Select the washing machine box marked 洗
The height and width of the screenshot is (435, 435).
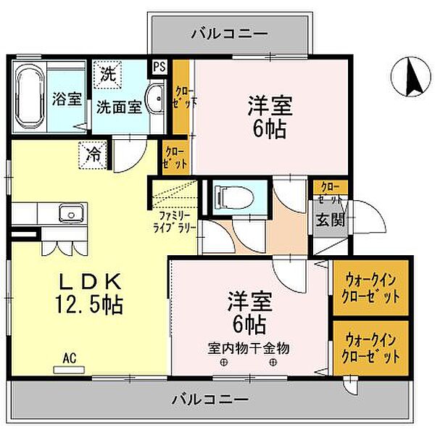pos(107,74)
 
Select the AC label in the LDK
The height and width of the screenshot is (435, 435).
pos(70,357)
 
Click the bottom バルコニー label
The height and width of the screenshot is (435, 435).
pos(210,399)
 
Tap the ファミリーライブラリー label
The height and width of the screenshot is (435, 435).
pos(173,221)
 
